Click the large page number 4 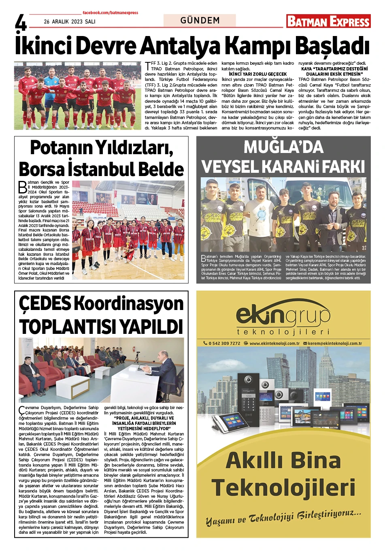[x=21, y=23]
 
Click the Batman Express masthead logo [x=328, y=21]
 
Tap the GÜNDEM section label [x=200, y=20]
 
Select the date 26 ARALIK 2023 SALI [x=70, y=21]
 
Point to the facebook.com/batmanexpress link [x=110, y=13]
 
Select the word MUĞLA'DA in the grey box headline [x=283, y=147]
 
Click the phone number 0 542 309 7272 [x=224, y=343]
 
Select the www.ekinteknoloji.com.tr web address [x=274, y=343]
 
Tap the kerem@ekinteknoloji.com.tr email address [x=335, y=343]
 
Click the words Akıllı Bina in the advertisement [x=283, y=460]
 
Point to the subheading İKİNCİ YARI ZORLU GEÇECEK [x=257, y=74]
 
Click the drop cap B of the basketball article [x=23, y=187]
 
